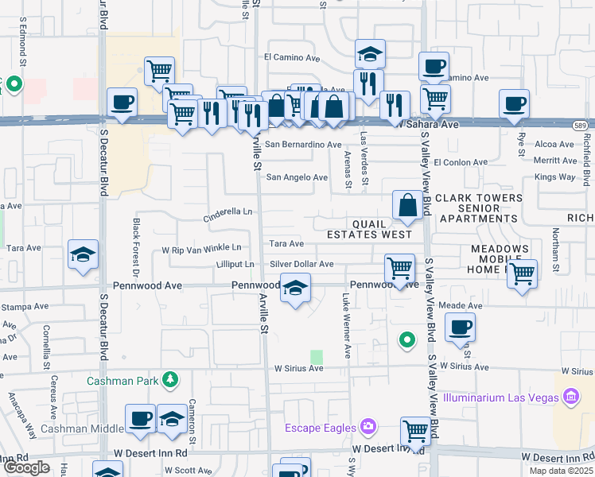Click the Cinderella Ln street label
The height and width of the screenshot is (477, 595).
tap(228, 211)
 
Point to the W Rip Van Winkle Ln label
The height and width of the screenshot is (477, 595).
tap(201, 249)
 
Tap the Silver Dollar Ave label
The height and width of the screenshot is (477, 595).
tap(301, 264)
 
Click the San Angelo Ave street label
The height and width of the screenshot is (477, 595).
tap(297, 177)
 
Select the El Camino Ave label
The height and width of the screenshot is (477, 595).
tap(292, 57)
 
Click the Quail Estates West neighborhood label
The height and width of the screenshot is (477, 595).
tap(370, 228)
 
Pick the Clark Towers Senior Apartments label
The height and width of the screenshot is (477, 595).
tap(479, 207)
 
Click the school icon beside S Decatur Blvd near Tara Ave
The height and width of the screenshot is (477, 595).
tap(84, 254)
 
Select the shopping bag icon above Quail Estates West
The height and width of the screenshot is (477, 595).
tap(407, 204)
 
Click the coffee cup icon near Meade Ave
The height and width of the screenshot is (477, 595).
tap(460, 327)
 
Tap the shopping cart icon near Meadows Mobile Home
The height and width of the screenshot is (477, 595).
tap(522, 274)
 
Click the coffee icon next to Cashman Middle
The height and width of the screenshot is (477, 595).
tap(141, 418)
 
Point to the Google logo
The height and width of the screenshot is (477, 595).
tap(26, 467)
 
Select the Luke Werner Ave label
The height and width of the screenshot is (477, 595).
tap(347, 326)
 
